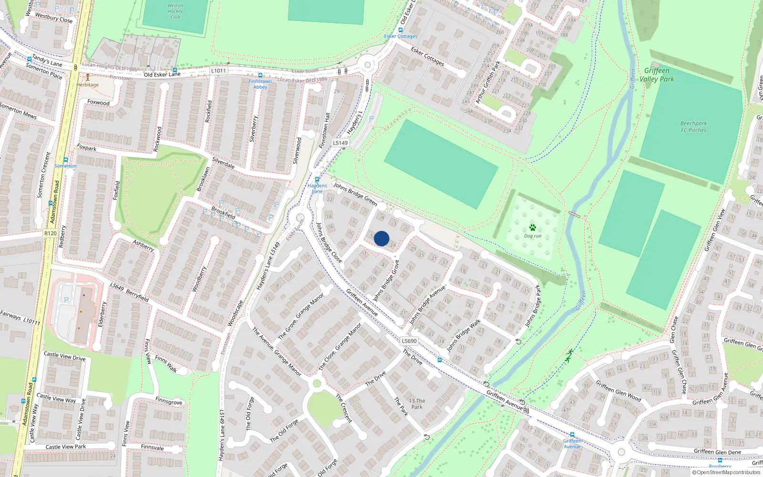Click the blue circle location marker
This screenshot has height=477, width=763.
coord(381,238)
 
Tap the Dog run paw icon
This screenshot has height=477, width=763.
coord(532,228)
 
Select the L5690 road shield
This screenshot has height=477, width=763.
coord(409,341)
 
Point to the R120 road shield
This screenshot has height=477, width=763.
coord(50,233)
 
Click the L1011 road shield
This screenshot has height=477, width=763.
coord(218,71)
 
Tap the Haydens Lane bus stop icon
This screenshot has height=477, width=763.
coord(317,180)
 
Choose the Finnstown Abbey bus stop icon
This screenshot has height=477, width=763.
coord(260,75)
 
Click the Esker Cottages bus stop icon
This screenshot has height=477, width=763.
coord(401,30)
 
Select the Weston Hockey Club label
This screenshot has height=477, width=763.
coord(175,11)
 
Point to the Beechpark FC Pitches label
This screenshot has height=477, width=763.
coord(693,126)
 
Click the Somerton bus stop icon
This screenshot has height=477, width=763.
coord(66,160)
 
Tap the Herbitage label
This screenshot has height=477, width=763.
coord(88,85)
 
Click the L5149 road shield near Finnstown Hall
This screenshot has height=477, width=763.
coord(340,143)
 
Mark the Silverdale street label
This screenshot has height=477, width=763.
coord(223,163)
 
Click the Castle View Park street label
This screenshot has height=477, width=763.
coord(66,447)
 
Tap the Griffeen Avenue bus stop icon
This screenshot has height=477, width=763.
coord(572,435)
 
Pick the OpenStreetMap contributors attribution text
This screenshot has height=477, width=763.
coord(726,472)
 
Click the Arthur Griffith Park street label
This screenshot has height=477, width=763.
coord(488,82)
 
